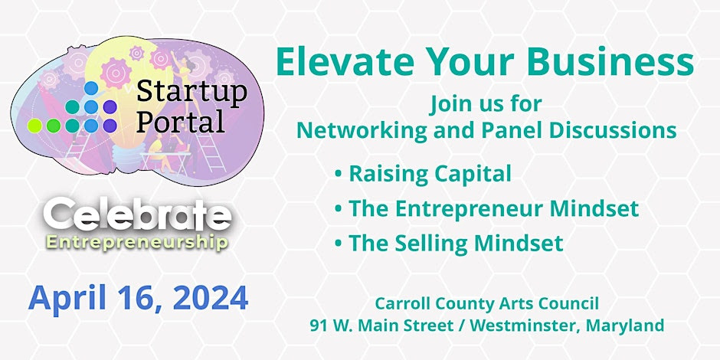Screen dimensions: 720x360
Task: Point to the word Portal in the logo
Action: [181, 121]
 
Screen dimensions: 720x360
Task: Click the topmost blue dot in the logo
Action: [91, 88]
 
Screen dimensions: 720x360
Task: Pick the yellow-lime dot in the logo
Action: [34, 126]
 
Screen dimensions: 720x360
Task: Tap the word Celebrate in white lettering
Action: [138, 215]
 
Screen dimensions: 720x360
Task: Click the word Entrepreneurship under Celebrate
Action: [137, 241]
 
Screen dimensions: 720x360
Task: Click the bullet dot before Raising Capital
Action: [339, 175]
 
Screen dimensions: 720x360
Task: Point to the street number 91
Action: [317, 326]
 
